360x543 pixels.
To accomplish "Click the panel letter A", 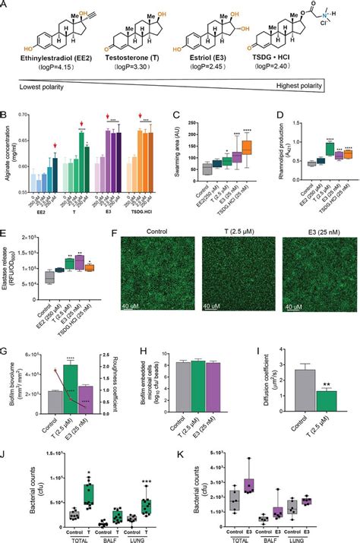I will pyautogui.click(x=6, y=6).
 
